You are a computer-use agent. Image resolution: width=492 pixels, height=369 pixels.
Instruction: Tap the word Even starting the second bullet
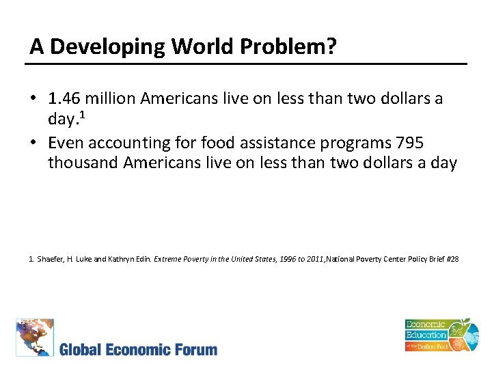65,143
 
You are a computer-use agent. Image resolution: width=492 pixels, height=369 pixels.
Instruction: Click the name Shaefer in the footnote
49,259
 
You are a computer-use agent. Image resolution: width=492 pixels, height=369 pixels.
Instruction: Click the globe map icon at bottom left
35,338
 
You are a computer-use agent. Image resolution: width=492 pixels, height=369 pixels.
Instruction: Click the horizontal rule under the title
246,64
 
